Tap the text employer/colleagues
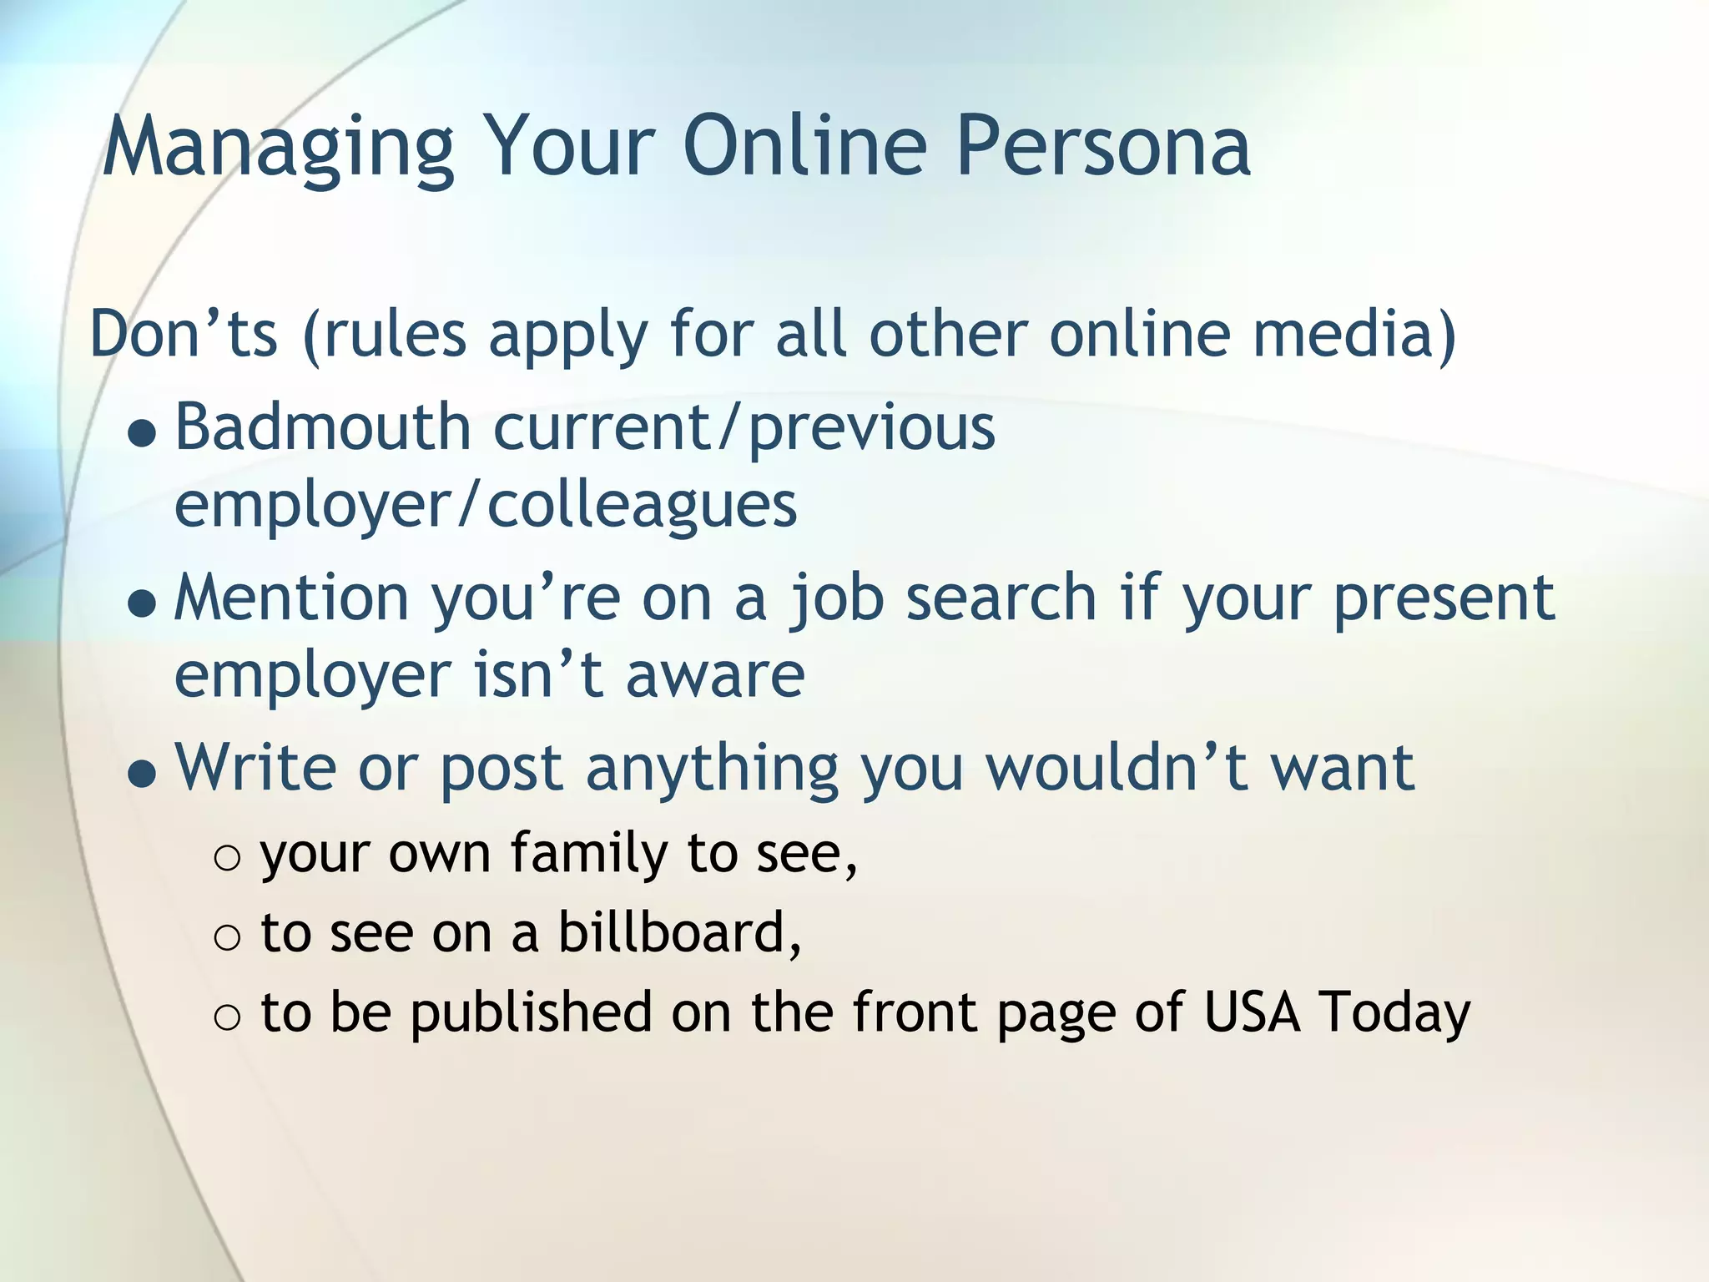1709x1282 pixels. (x=485, y=506)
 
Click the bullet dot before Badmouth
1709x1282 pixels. (x=143, y=434)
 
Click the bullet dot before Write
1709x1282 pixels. (x=143, y=775)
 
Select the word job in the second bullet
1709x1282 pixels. (x=836, y=599)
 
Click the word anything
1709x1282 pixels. (x=711, y=770)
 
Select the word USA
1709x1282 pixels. (x=1251, y=1012)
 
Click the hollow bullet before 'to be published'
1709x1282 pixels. (x=227, y=1017)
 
